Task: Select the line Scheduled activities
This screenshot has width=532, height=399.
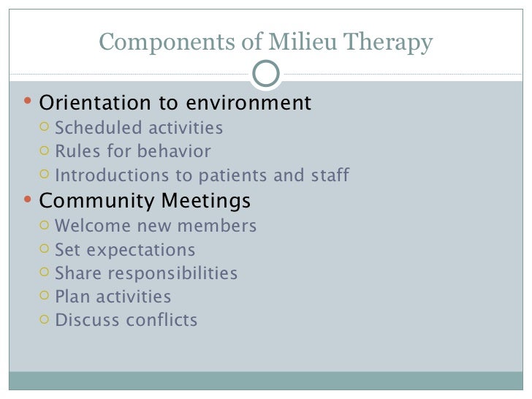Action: pos(139,129)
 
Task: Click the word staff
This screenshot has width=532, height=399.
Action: pos(327,175)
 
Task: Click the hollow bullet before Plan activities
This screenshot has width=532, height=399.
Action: pos(44,297)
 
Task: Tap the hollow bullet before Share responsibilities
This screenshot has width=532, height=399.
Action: pos(44,273)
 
